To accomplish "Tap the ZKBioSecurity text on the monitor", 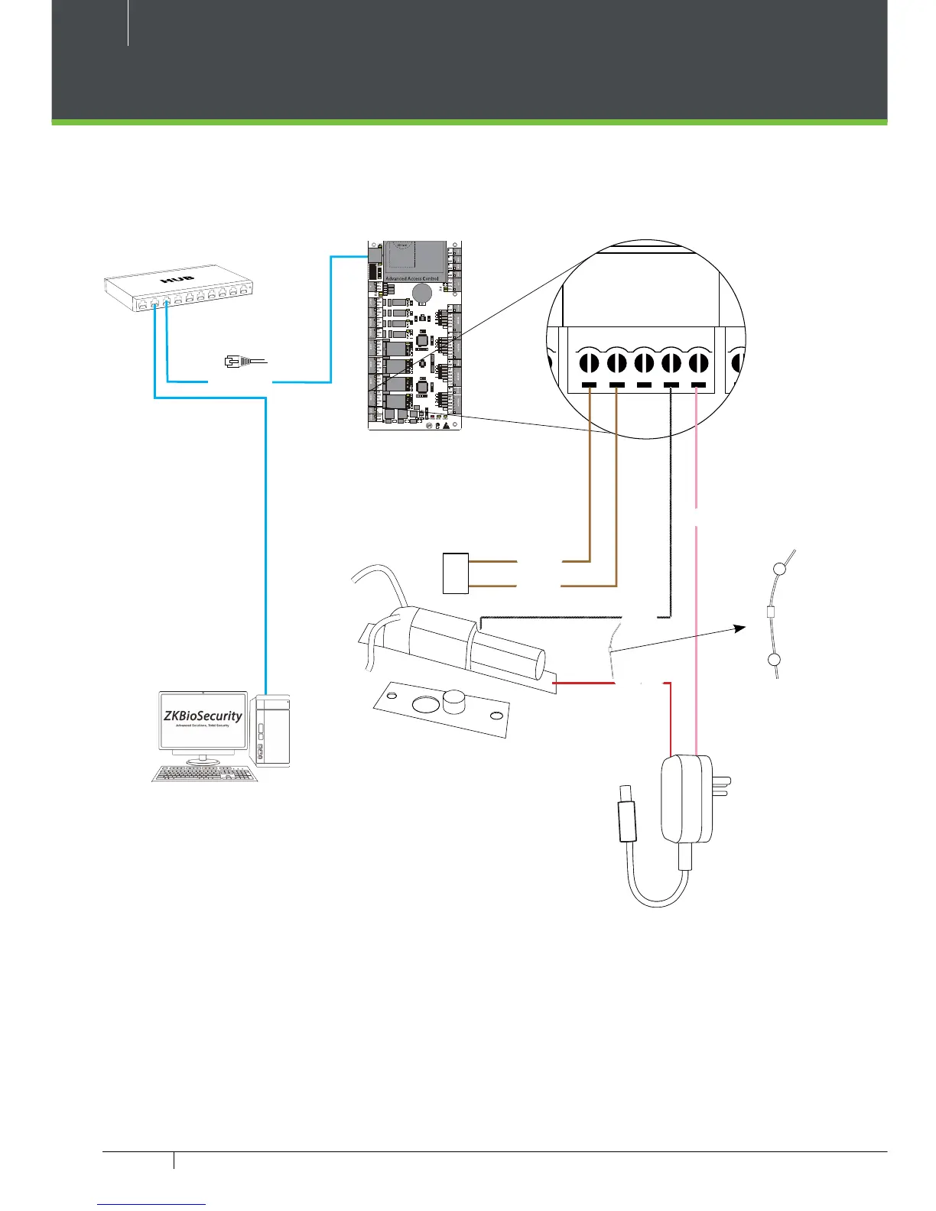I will point(203,716).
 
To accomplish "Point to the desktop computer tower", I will point(274,731).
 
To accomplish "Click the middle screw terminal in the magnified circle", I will point(644,362).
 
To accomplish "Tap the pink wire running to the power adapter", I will point(696,612).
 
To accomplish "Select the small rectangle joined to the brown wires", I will point(456,573).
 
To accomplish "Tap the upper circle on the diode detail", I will point(778,569).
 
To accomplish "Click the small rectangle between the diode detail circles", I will point(772,612).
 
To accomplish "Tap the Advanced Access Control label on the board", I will point(412,278).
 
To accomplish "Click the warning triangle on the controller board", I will point(446,425).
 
